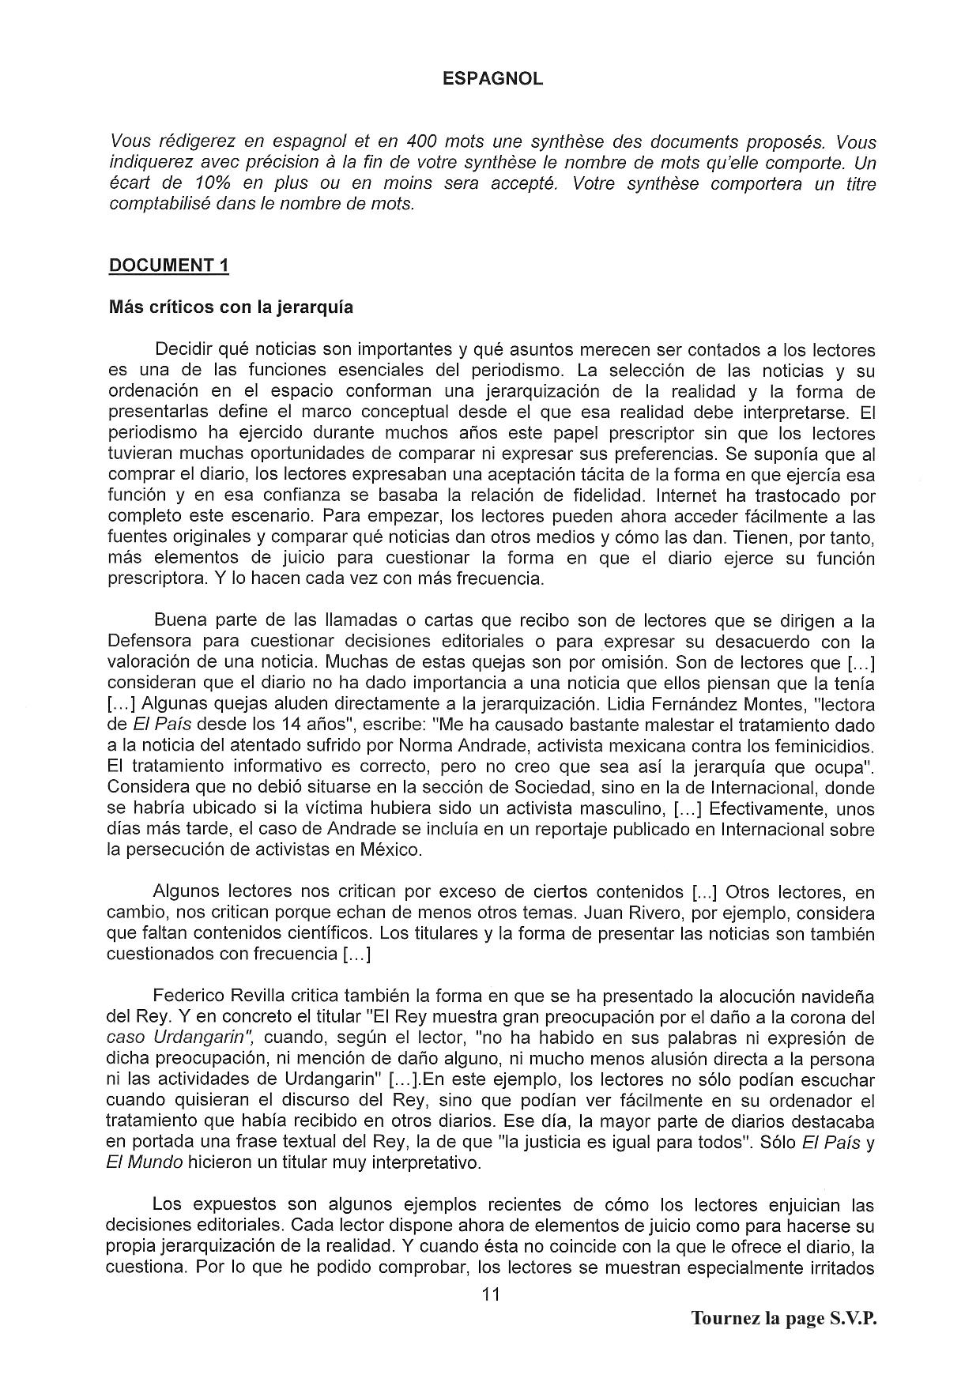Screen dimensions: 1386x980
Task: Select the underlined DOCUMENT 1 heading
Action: (x=168, y=266)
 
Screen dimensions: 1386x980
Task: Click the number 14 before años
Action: (x=289, y=724)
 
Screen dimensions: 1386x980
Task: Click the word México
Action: (x=393, y=849)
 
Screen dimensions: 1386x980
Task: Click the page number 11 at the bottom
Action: (x=490, y=1294)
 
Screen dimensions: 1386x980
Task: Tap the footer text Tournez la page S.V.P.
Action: (x=784, y=1318)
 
